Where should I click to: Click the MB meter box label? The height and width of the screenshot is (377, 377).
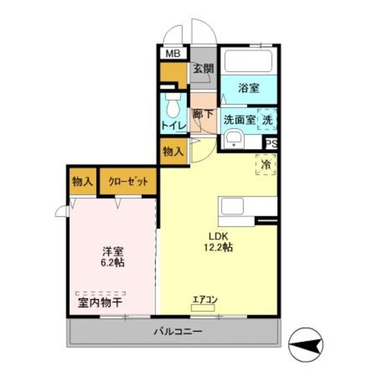click(x=173, y=54)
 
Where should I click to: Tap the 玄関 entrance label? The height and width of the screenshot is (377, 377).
click(x=202, y=69)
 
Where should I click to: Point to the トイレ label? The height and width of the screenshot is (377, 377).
click(x=173, y=126)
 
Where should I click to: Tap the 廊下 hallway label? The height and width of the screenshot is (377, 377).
click(x=203, y=115)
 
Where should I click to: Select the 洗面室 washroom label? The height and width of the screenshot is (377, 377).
click(x=240, y=119)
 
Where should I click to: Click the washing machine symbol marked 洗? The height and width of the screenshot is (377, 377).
click(x=267, y=119)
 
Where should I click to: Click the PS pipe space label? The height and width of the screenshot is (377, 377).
click(x=271, y=143)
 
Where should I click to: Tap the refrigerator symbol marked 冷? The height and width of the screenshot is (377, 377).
click(x=266, y=165)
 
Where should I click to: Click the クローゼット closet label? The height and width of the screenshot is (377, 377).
click(x=128, y=182)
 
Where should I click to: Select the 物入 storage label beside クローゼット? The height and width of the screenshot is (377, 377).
click(x=82, y=182)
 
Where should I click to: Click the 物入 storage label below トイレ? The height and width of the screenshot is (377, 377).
click(x=173, y=152)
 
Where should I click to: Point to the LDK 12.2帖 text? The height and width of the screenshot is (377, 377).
click(x=217, y=242)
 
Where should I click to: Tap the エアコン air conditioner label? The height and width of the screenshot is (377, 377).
click(x=205, y=299)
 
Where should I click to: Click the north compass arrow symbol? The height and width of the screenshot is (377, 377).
click(x=305, y=343)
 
